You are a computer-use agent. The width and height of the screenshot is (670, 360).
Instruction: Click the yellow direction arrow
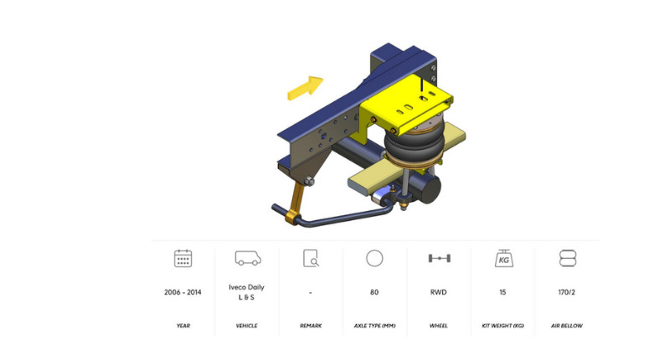pyautogui.click(x=305, y=88)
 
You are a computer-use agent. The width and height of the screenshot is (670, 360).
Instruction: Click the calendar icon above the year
pyautogui.click(x=183, y=259)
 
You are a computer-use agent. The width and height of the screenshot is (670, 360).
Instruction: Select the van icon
pyautogui.click(x=248, y=258)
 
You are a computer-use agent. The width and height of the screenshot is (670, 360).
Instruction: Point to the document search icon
pyautogui.click(x=311, y=259)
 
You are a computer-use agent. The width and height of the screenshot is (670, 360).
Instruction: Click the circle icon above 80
pyautogui.click(x=374, y=259)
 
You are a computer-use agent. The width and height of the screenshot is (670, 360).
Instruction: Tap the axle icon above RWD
pyautogui.click(x=439, y=259)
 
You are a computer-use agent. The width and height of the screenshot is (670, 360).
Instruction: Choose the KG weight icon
pyautogui.click(x=504, y=259)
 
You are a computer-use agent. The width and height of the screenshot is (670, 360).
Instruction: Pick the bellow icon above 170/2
pyautogui.click(x=568, y=259)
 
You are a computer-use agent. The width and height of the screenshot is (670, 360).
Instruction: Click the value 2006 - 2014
pyautogui.click(x=183, y=292)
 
